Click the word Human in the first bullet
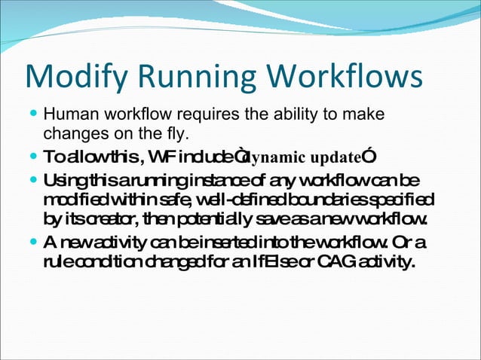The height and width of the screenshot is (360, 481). tap(66, 117)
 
